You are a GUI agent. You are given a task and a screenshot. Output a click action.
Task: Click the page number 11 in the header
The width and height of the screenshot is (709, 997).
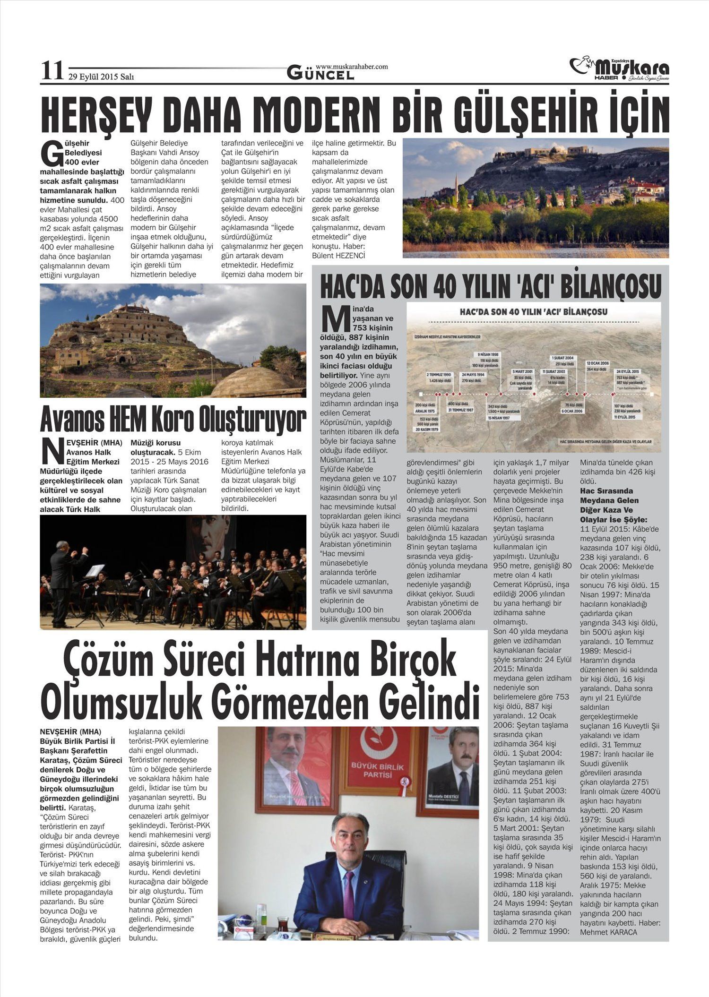pyautogui.click(x=52, y=71)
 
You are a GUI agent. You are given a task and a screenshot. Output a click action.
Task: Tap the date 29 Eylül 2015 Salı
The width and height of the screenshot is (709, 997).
pyautogui.click(x=101, y=77)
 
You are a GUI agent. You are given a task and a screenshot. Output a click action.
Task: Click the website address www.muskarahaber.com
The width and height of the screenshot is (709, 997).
pyautogui.click(x=352, y=67)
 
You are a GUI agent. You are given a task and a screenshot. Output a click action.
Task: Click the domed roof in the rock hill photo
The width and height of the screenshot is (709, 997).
pyautogui.click(x=250, y=381)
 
